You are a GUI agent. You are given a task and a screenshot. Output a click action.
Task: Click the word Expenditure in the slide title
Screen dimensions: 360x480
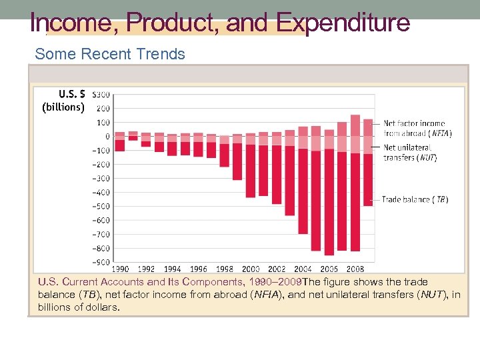[x=343, y=23]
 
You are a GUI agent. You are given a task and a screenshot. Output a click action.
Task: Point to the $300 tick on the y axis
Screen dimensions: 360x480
[x=101, y=95]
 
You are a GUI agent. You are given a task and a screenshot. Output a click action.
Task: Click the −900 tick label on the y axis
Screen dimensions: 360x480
[x=101, y=262]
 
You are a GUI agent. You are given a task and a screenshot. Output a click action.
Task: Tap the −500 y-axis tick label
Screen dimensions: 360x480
[x=101, y=206]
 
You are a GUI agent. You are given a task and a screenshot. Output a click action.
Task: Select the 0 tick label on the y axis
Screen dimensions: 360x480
[x=107, y=137]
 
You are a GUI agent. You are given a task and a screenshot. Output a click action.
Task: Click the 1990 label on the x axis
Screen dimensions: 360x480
[x=120, y=269]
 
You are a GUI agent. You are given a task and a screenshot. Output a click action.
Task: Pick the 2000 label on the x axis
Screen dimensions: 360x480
[x=251, y=269]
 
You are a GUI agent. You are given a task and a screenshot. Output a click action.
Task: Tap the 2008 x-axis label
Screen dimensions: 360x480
[x=355, y=269]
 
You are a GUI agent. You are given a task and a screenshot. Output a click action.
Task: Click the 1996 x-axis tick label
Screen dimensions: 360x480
[x=199, y=269]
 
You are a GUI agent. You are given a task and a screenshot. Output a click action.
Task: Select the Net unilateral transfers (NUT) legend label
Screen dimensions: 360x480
[x=410, y=153]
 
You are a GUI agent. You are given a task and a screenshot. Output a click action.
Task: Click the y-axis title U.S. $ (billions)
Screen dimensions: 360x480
[x=63, y=100]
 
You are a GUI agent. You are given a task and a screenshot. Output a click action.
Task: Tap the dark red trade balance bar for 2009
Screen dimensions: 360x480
[x=368, y=180]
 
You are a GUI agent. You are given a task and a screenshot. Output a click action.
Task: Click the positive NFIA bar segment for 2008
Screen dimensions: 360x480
[x=355, y=125]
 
